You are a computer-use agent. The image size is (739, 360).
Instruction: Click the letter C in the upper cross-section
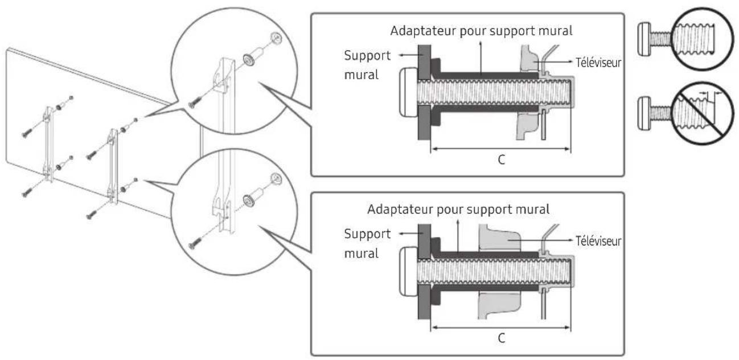500,160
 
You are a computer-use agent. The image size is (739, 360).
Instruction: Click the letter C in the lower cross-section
500,337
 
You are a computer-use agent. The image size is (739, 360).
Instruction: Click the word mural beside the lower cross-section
361,252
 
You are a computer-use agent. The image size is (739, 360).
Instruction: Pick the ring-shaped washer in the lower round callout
249,201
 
